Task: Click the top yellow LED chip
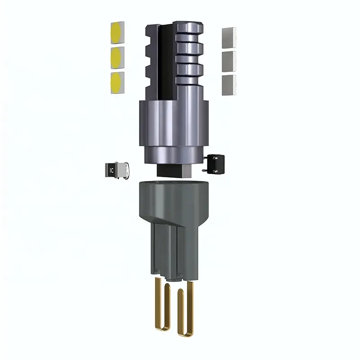pos(117,33)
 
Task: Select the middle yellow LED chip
pos(117,58)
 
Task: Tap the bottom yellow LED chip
pos(117,83)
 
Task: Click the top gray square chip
pos(229,38)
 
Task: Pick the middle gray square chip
pos(229,62)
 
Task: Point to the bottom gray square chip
pos(229,85)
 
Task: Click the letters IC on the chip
pos(112,171)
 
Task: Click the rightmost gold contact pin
pos(190,308)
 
